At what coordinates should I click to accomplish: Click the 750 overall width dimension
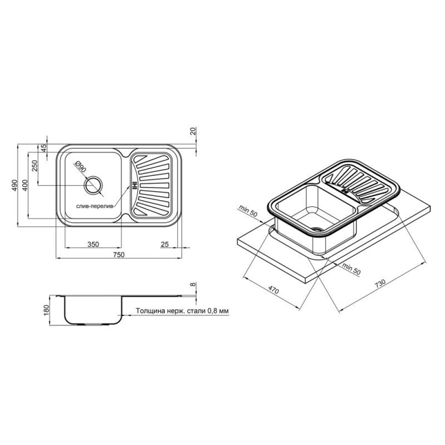coord(119,255)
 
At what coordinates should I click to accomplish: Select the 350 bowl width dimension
coord(93,244)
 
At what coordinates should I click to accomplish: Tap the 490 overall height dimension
coord(14,185)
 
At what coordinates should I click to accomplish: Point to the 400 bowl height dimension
coord(25,185)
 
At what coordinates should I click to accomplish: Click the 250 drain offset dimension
coord(35,166)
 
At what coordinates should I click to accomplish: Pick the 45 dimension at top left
coord(44,148)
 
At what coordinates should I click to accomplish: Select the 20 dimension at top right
coord(193,131)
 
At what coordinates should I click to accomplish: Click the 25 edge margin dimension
coord(165,244)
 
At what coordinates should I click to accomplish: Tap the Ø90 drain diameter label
coord(80,167)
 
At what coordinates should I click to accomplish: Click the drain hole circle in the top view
coord(93,185)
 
